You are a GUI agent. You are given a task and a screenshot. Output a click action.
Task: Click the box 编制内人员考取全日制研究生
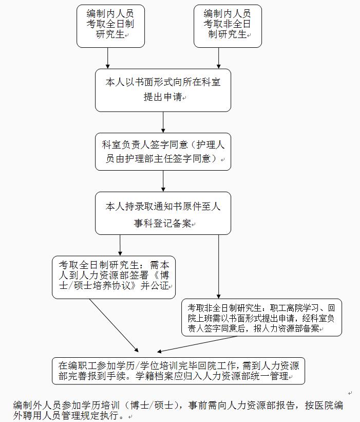[x=110, y=26]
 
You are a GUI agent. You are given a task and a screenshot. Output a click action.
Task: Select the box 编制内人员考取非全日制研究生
[x=228, y=26]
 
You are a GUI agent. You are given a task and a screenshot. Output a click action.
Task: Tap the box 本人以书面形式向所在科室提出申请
[x=163, y=90]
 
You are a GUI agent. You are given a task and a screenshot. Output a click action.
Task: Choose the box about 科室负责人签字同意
[x=163, y=152]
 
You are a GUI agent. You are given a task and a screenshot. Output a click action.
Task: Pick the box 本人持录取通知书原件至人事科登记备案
[x=163, y=213]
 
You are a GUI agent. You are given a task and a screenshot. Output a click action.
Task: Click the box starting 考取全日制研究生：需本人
[x=113, y=277]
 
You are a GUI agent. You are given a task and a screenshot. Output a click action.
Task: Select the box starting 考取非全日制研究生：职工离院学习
[x=261, y=317]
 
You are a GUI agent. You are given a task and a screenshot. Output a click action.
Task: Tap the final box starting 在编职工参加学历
[x=178, y=371]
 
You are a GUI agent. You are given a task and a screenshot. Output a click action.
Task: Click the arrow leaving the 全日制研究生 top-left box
[x=108, y=58]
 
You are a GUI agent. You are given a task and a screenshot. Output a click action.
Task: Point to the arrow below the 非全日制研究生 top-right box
[x=219, y=58]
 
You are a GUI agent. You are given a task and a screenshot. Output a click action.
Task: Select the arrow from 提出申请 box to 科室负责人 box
[x=163, y=122]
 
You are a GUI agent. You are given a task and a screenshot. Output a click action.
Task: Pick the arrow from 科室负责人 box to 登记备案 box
[x=163, y=181]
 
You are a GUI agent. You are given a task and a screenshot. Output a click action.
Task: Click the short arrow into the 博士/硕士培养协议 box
[x=120, y=245]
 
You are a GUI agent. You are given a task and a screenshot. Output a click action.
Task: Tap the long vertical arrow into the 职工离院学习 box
[x=219, y=267]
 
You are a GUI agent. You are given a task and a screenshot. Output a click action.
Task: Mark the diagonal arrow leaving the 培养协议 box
[x=113, y=325]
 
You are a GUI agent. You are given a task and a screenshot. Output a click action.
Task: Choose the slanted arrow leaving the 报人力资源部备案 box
[x=197, y=344]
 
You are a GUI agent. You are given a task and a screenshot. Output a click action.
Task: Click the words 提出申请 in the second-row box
[x=163, y=97]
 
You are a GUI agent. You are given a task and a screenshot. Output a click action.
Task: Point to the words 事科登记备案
[x=163, y=223]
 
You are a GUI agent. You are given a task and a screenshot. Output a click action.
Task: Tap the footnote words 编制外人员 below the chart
[x=37, y=406]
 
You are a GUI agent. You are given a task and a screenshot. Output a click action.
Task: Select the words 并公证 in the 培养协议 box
[x=155, y=286]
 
